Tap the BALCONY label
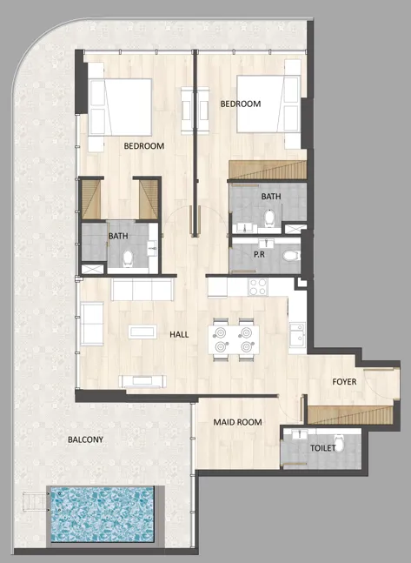tap(85, 440)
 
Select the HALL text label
tap(179, 334)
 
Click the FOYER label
tap(344, 382)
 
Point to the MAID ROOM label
tap(237, 422)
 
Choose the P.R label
tap(259, 256)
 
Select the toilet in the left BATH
tap(129, 258)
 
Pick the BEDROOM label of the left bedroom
tap(143, 146)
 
